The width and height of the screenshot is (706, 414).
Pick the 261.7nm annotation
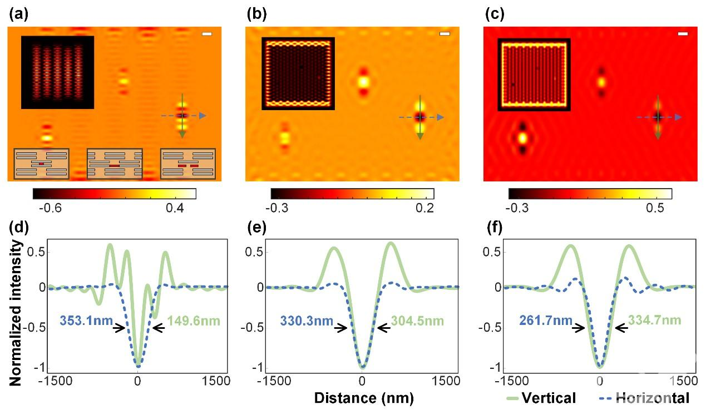pyautogui.click(x=546, y=321)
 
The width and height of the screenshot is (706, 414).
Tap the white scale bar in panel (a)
pyautogui.click(x=207, y=35)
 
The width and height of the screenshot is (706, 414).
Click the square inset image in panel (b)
pyautogui.click(x=299, y=73)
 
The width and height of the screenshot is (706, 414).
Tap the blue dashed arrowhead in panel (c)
pyautogui.click(x=678, y=117)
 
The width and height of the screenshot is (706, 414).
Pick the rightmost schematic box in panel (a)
pyautogui.click(x=188, y=164)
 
